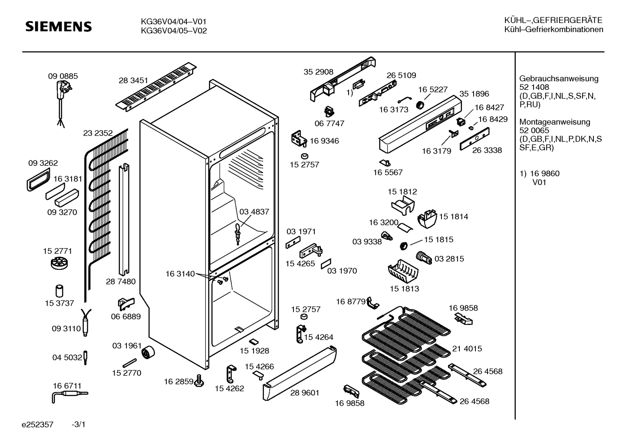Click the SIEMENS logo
click(x=59, y=26)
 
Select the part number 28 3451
click(x=133, y=80)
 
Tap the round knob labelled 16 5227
click(x=420, y=105)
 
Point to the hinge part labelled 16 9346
click(x=299, y=138)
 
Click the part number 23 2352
click(x=98, y=133)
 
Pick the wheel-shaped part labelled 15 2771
click(x=59, y=263)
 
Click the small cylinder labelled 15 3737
click(x=59, y=291)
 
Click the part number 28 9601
click(x=305, y=393)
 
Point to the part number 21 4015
click(x=467, y=348)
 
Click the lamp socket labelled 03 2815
click(x=424, y=258)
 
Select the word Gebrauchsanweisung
click(x=559, y=79)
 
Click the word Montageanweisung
click(x=555, y=122)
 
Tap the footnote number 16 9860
click(x=545, y=174)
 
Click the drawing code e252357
click(x=37, y=425)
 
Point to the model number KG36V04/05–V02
click(x=174, y=31)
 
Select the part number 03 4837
click(x=254, y=212)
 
